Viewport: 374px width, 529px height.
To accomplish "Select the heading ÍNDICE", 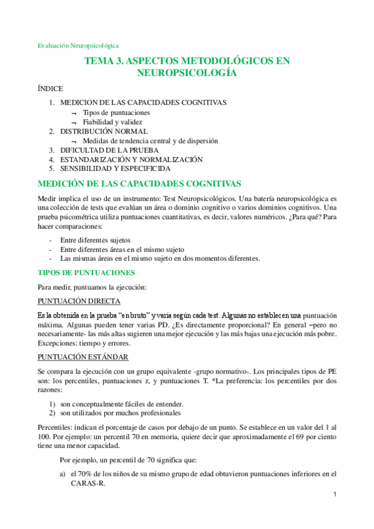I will click(x=51, y=89).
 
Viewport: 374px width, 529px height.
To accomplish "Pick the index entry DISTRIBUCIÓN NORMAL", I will click(x=104, y=132).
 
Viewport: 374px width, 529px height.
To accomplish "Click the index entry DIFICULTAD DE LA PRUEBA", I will click(x=109, y=150).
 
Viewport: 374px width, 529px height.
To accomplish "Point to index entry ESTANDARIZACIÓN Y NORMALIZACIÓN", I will click(x=131, y=160).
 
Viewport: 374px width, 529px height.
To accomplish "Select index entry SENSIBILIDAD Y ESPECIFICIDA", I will click(x=115, y=168).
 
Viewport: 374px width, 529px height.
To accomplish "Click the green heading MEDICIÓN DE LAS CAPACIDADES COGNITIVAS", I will click(x=139, y=183).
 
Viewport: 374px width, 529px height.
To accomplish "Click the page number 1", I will click(x=335, y=495).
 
